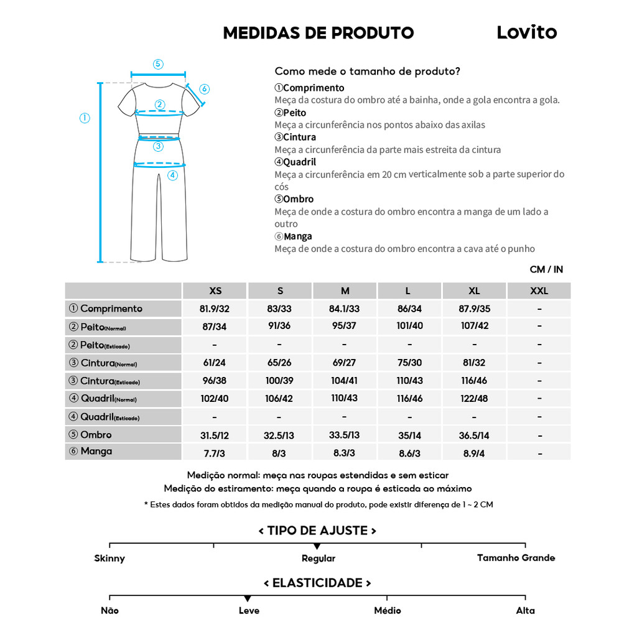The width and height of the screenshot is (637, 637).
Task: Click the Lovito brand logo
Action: pyautogui.click(x=526, y=32)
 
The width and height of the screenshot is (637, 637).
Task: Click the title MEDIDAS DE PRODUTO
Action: pyautogui.click(x=318, y=33)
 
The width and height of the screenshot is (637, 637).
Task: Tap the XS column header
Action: pyautogui.click(x=215, y=291)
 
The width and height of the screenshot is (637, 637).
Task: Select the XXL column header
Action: pyautogui.click(x=539, y=291)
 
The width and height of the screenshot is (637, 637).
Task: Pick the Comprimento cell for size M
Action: pyautogui.click(x=344, y=309)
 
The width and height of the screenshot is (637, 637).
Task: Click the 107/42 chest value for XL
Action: pyautogui.click(x=474, y=326)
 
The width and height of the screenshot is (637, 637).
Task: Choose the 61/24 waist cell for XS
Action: pyautogui.click(x=215, y=363)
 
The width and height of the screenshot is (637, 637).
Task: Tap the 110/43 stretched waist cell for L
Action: pyautogui.click(x=409, y=381)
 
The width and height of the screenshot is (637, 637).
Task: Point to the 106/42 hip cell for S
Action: pyautogui.click(x=279, y=399)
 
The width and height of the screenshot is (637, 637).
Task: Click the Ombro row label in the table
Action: pyautogui.click(x=96, y=435)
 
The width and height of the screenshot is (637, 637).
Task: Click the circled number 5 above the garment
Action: pyautogui.click(x=158, y=63)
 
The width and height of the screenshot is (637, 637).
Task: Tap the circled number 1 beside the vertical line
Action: pyautogui.click(x=85, y=118)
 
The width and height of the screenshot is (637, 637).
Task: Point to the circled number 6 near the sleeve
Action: pyautogui.click(x=205, y=89)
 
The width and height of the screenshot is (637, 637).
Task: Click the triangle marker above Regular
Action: pyautogui.click(x=317, y=546)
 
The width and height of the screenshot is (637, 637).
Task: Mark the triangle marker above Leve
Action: pyautogui.click(x=248, y=598)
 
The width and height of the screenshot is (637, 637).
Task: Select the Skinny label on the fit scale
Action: pyautogui.click(x=109, y=559)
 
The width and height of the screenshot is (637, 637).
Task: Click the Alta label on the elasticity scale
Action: pyautogui.click(x=525, y=611)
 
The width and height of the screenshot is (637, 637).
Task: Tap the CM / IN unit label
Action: pyautogui.click(x=546, y=269)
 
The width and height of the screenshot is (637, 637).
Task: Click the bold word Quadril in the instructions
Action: pyautogui.click(x=299, y=162)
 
